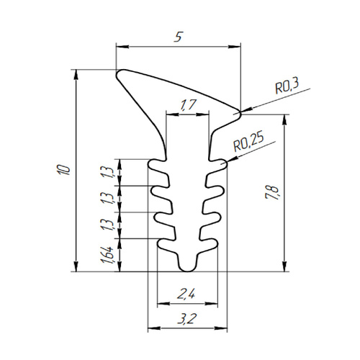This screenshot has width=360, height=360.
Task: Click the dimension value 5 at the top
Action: [x=179, y=37]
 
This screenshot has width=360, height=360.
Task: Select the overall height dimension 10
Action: [x=63, y=170]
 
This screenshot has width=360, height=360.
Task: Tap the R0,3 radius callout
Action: [x=287, y=87]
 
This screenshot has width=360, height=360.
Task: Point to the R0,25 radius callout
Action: [x=248, y=141]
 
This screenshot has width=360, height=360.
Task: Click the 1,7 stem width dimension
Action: [x=188, y=105]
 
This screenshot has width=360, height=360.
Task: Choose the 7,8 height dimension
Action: [x=273, y=192]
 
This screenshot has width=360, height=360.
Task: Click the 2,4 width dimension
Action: [x=186, y=294]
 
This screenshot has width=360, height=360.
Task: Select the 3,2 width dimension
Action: [x=187, y=319]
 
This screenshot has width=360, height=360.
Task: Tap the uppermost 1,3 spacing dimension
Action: [x=107, y=172]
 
